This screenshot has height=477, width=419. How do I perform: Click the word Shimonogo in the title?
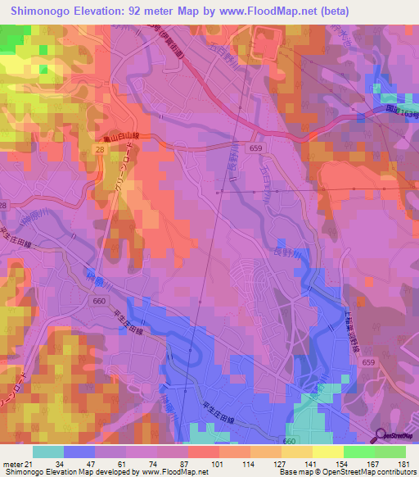coord(41,11)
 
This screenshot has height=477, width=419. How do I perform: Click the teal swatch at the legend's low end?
coord(48,452)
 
